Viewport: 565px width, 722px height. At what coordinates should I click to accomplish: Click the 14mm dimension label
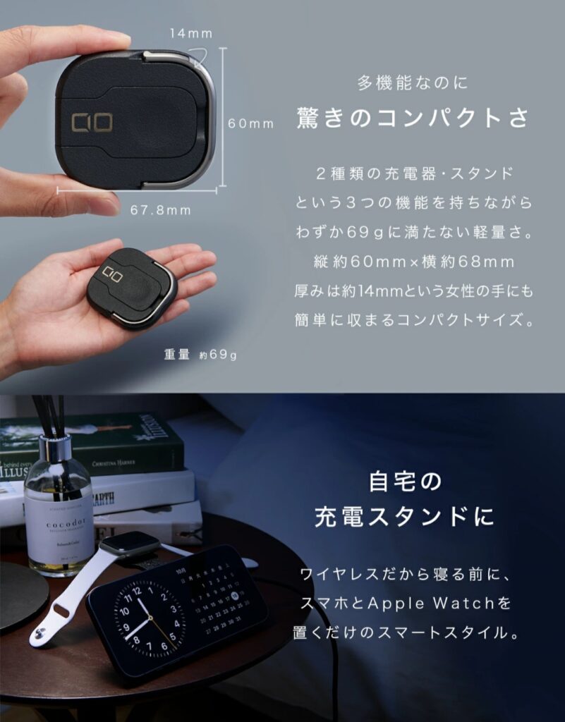coord(190,33)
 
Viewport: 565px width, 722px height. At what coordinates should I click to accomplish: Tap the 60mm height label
coord(250,123)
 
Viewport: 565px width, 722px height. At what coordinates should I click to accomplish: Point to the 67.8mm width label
coord(160,210)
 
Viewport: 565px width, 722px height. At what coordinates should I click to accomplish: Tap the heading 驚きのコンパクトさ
coord(413,117)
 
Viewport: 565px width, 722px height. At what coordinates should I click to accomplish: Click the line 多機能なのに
coord(413,83)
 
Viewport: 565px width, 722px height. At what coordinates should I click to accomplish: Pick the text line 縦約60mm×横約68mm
coord(413,262)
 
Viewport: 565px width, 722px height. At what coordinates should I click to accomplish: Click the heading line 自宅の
coord(405,483)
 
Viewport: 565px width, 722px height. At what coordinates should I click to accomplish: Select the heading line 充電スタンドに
coord(405,516)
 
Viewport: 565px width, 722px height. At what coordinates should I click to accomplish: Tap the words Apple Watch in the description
coord(463,604)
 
